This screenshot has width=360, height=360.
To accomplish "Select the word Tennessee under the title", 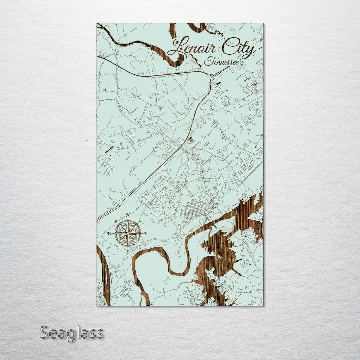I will [x=222, y=62].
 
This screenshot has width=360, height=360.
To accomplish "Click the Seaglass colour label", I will [x=72, y=333].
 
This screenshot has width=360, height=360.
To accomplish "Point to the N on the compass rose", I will [x=128, y=215].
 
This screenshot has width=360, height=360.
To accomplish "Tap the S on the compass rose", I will [x=128, y=251].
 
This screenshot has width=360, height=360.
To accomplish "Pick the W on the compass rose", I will [x=109, y=233].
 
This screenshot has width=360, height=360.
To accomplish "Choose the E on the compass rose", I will [x=145, y=233].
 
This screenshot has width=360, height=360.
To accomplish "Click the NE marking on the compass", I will [x=140, y=221].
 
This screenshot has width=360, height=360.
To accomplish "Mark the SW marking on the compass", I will [x=115, y=246].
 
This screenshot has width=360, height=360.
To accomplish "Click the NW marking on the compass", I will [x=116, y=221].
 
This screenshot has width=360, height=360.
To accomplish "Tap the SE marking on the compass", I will [x=140, y=246].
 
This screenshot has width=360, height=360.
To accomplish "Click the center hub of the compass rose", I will [x=128, y=233].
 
